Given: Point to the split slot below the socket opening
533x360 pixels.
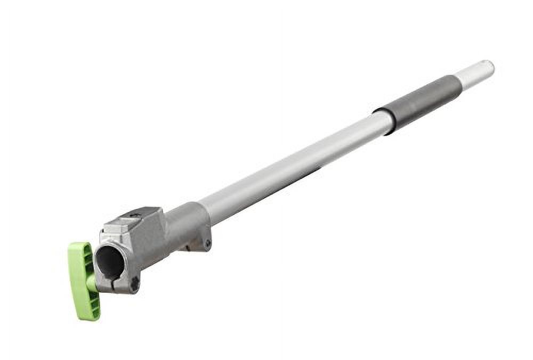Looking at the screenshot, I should [115, 282].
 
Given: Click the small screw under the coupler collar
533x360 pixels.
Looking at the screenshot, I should [207, 244].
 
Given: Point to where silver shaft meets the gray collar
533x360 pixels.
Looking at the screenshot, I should [202, 211].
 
